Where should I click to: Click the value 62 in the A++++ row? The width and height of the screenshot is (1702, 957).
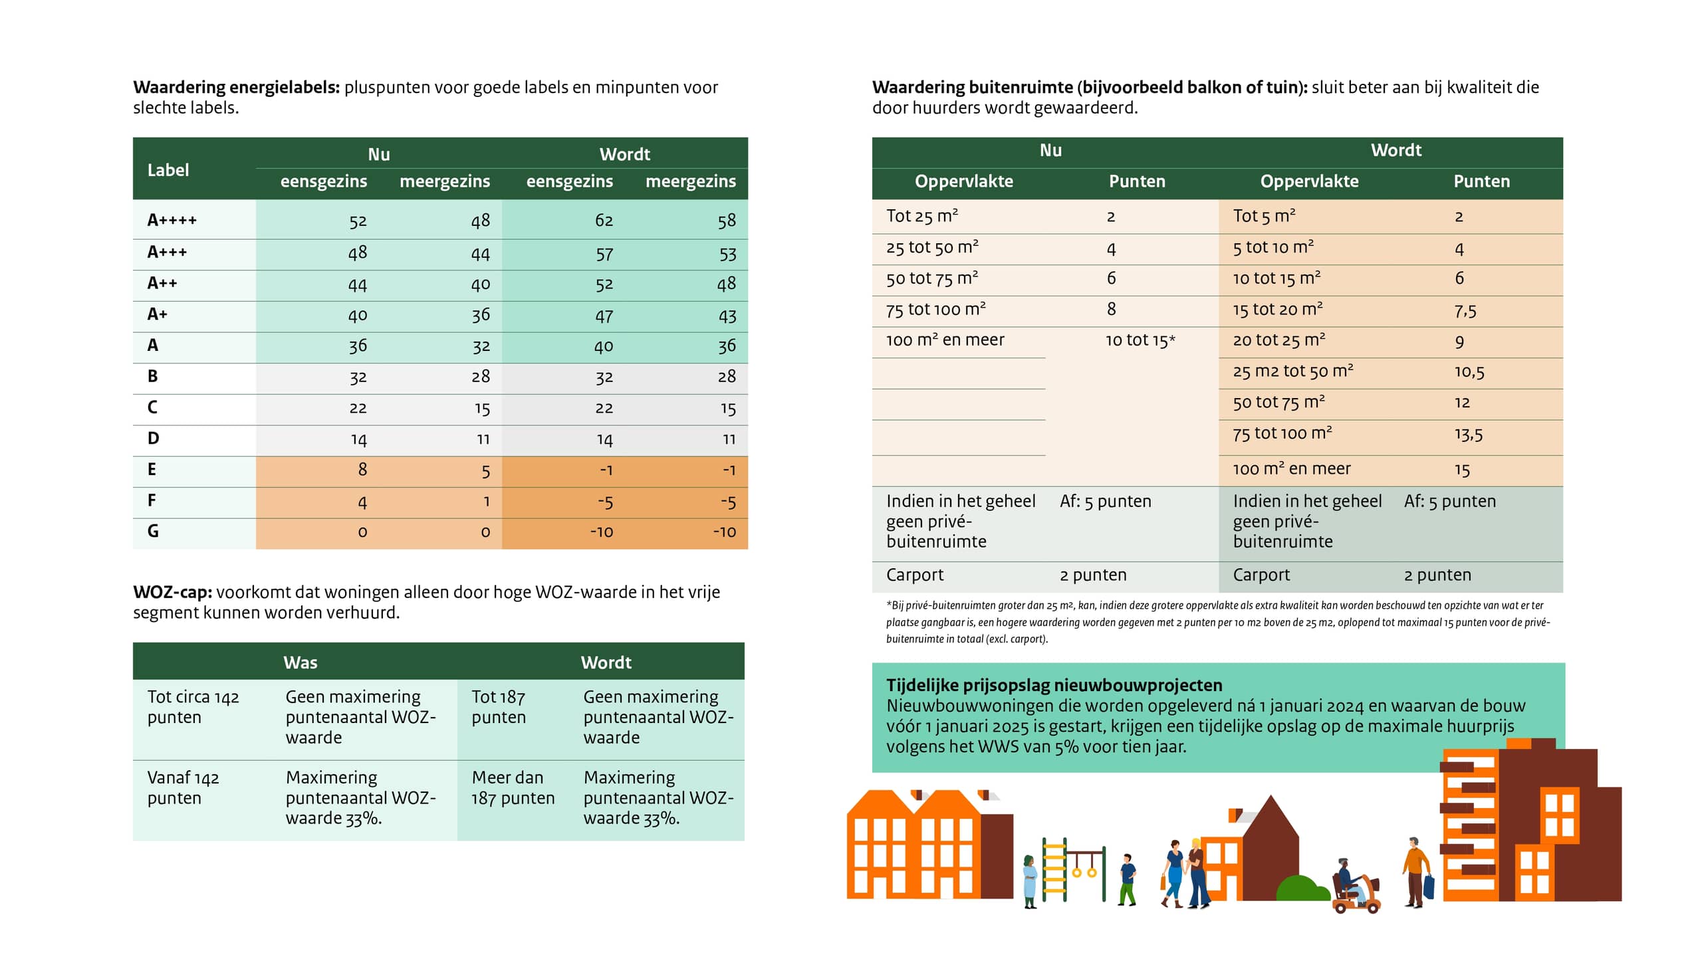pyautogui.click(x=604, y=221)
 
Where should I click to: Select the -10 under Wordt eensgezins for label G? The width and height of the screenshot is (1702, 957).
pyautogui.click(x=601, y=532)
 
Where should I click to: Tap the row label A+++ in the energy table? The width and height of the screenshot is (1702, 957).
pyautogui.click(x=167, y=253)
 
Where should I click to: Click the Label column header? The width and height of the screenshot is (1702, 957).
pyautogui.click(x=168, y=170)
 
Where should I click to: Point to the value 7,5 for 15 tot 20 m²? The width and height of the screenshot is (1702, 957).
pyautogui.click(x=1465, y=310)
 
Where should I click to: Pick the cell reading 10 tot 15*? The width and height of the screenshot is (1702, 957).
pyautogui.click(x=1140, y=341)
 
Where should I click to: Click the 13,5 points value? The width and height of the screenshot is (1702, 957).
pyautogui.click(x=1468, y=435)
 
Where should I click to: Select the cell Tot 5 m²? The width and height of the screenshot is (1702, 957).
pyautogui.click(x=1264, y=216)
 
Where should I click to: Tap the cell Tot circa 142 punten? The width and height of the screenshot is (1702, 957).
pyautogui.click(x=193, y=707)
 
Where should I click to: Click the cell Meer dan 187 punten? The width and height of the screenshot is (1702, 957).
pyautogui.click(x=513, y=788)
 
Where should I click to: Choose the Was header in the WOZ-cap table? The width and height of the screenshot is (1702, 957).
pyautogui.click(x=300, y=663)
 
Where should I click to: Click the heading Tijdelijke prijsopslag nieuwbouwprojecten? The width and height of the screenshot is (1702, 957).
pyautogui.click(x=1054, y=685)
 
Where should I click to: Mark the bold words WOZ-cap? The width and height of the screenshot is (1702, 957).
pyautogui.click(x=172, y=592)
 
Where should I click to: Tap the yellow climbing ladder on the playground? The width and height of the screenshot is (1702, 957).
pyautogui.click(x=1054, y=871)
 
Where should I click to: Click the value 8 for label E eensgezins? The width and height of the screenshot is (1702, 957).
pyautogui.click(x=362, y=470)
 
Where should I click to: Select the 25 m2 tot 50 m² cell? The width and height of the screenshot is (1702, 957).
pyautogui.click(x=1292, y=372)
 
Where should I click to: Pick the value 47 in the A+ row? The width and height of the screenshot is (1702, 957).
pyautogui.click(x=604, y=316)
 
